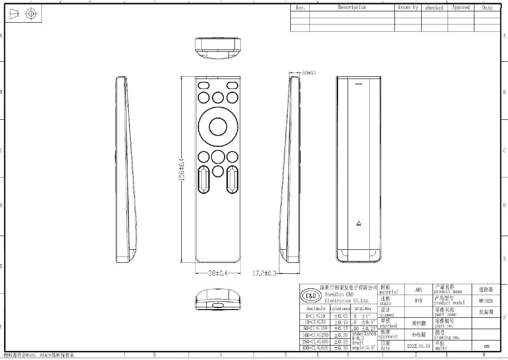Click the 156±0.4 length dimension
[x=181, y=169]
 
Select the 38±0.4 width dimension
[x=218, y=273]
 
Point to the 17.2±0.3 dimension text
[x=264, y=274]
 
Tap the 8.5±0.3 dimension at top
[x=309, y=73]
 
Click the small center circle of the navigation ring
[x=218, y=126]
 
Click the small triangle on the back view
[x=358, y=223]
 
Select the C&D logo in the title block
[x=311, y=296]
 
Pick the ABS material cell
[x=418, y=290]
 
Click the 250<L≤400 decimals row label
[x=317, y=341]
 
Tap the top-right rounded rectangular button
[x=233, y=85]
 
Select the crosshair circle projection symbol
[x=30, y=14]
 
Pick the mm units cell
[x=487, y=346]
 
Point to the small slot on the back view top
[x=359, y=84]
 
